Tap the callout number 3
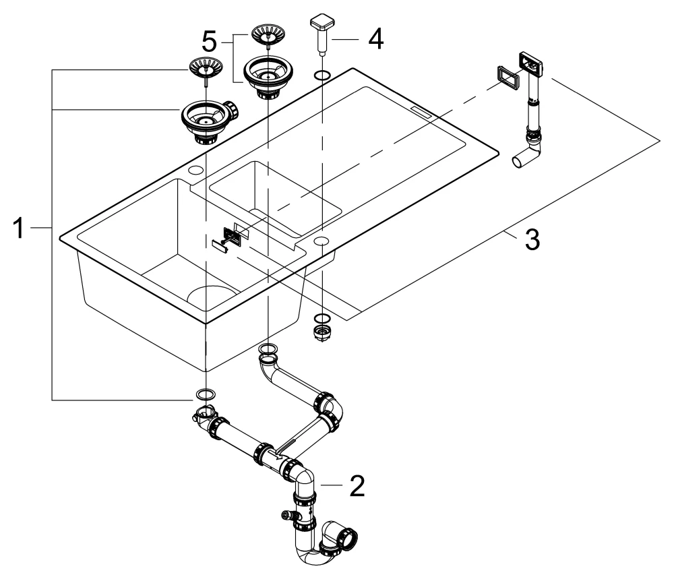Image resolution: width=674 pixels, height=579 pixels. point(532,240)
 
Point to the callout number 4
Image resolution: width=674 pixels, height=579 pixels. point(375,38)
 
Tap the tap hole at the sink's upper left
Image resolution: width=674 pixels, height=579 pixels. point(197,169)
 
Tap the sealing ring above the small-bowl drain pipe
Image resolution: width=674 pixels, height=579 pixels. point(268,348)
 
